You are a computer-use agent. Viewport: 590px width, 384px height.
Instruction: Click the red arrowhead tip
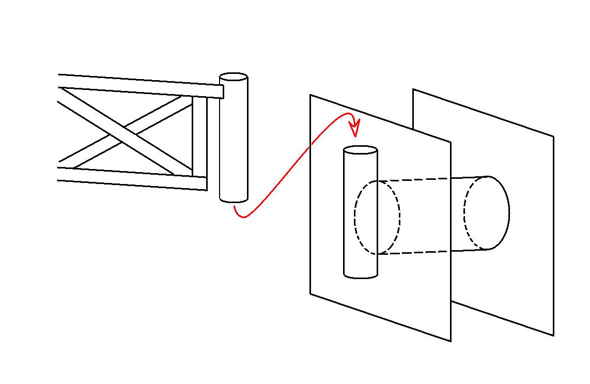coord(355,136)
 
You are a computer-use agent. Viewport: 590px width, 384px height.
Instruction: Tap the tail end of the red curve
coord(234,206)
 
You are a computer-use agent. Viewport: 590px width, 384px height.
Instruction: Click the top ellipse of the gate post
coord(234,78)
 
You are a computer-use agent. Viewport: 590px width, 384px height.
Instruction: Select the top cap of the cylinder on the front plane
coord(361,150)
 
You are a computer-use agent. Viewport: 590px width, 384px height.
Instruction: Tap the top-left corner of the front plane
coord(310,95)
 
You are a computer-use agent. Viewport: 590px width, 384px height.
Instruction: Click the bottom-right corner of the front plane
coord(451,341)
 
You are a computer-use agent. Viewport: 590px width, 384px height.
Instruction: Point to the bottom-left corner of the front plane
coord(310,294)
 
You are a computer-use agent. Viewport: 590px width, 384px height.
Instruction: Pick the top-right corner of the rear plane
coord(553,136)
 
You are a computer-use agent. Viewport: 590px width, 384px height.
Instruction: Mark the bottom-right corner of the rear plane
coord(553,335)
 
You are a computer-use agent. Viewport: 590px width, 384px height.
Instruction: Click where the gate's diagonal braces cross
coord(123,134)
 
